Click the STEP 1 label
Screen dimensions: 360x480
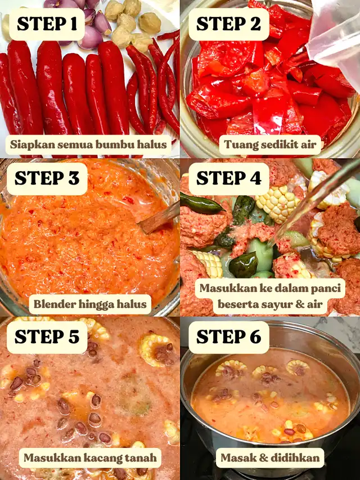[47, 24]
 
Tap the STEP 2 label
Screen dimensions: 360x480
[229, 24]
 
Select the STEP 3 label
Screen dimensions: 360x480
[47, 179]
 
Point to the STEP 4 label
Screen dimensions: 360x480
[229, 179]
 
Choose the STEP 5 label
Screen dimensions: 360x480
[47, 337]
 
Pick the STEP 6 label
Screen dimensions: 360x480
[229, 337]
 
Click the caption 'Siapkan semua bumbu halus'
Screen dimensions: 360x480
[88, 145]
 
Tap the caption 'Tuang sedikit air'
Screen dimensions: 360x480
[270, 145]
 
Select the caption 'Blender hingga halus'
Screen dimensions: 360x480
[90, 304]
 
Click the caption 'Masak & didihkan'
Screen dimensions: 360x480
[270, 458]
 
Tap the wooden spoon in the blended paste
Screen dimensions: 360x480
[159, 218]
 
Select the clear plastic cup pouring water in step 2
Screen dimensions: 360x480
[335, 40]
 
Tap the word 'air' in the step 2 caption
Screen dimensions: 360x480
[308, 145]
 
